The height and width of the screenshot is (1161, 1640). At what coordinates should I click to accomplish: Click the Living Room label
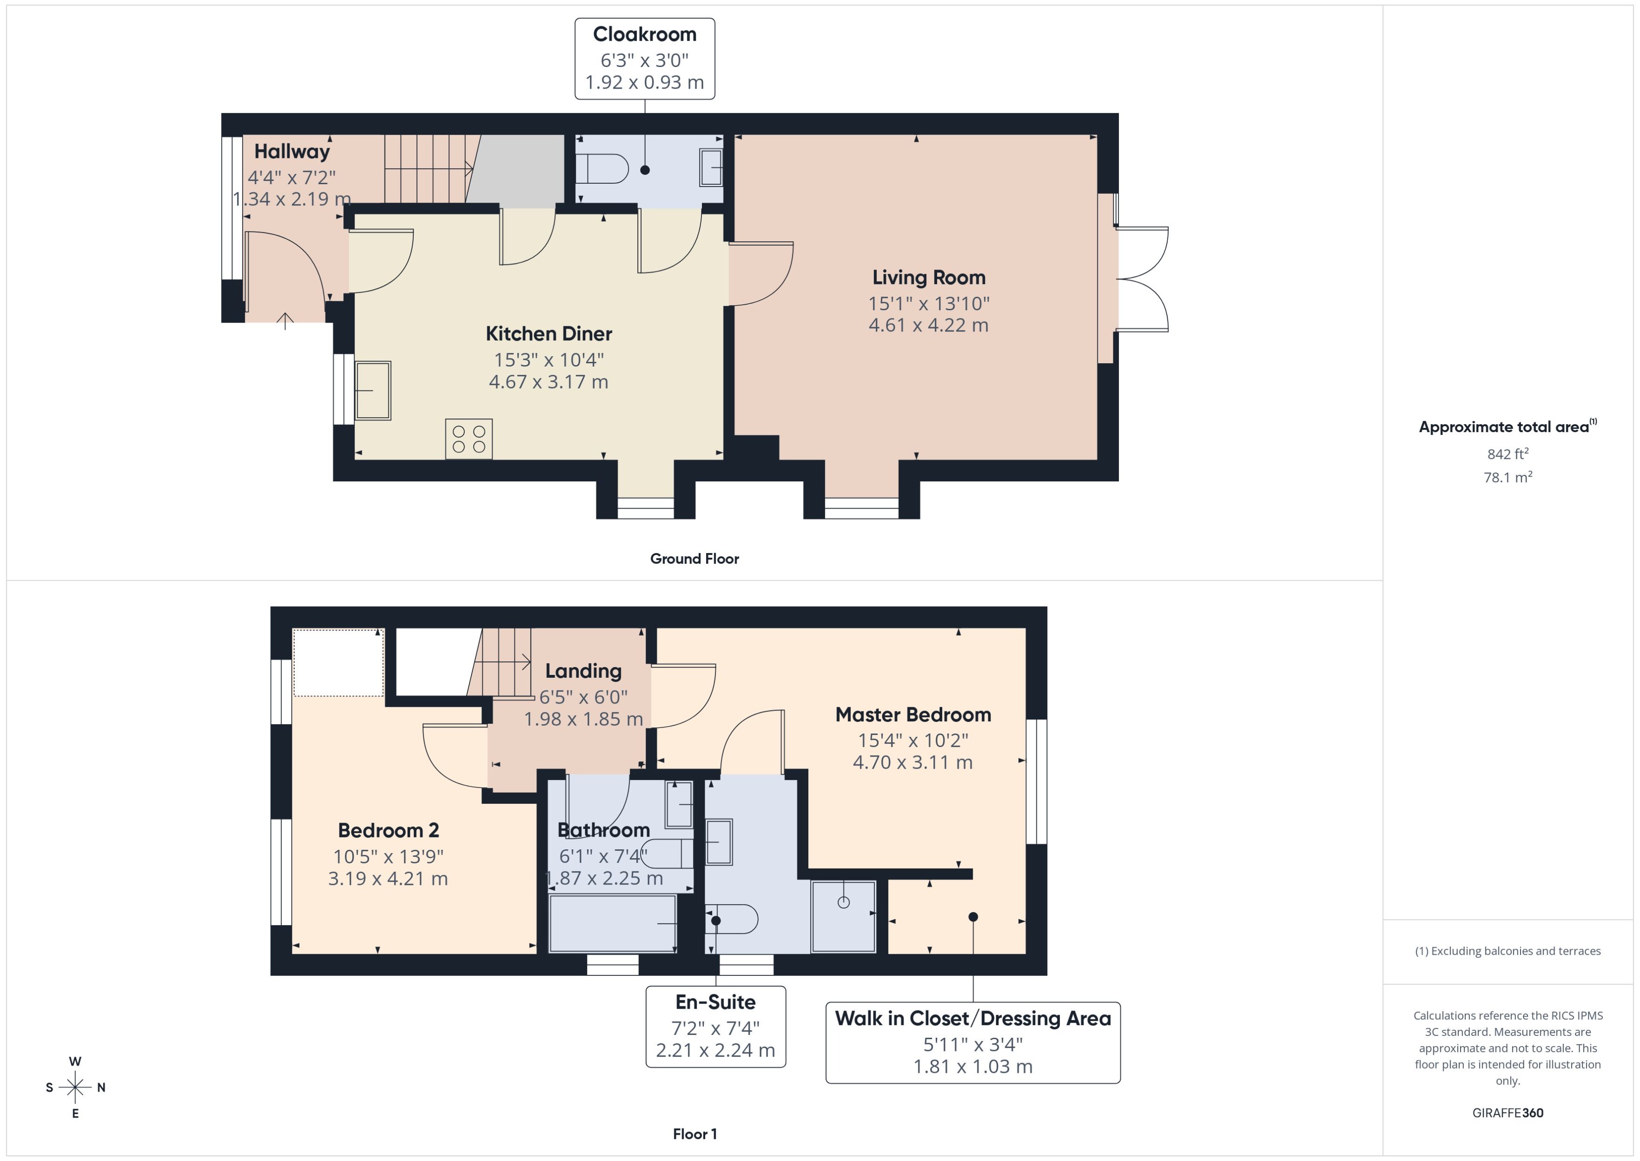[x=928, y=277]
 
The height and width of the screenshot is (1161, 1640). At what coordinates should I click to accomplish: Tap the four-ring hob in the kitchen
[x=469, y=438]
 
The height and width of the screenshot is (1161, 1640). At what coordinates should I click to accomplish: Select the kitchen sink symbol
[x=373, y=390]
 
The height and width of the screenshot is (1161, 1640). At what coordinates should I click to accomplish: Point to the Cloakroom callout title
[x=645, y=34]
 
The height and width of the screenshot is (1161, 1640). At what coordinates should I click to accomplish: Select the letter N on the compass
[x=102, y=1087]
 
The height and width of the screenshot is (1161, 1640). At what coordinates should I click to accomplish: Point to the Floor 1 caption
[x=694, y=1134]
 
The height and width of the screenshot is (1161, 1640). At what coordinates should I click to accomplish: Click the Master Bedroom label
[x=912, y=715]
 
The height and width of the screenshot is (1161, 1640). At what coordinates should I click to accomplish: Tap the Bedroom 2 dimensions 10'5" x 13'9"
[x=388, y=856]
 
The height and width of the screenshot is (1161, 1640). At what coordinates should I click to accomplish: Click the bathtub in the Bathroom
[x=612, y=923]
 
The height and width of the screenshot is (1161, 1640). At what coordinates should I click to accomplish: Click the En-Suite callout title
[x=716, y=1002]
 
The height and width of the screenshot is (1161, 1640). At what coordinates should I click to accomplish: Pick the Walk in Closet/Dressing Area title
[x=973, y=1019]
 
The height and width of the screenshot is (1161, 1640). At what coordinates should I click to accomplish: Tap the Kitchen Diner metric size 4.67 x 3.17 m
[x=548, y=382]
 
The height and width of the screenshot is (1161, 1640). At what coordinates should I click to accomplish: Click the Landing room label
[x=583, y=671]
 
